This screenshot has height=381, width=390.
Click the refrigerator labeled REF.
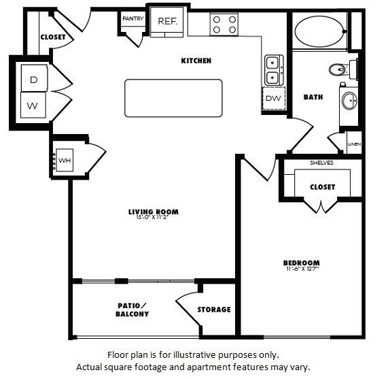point(167,22)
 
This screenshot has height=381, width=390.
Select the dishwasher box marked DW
point(273,99)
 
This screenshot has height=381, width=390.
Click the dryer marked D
point(33,80)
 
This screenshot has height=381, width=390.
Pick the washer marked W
point(33,105)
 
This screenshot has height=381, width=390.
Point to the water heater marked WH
point(65,160)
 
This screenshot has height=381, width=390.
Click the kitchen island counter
point(173,97)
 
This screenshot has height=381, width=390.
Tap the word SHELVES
point(321,163)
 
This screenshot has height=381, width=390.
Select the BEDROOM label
point(301,263)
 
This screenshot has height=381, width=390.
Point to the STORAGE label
point(214,310)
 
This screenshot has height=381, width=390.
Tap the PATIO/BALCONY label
point(132,310)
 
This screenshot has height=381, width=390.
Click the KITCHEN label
point(196,61)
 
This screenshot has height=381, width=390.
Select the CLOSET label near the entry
point(53,37)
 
